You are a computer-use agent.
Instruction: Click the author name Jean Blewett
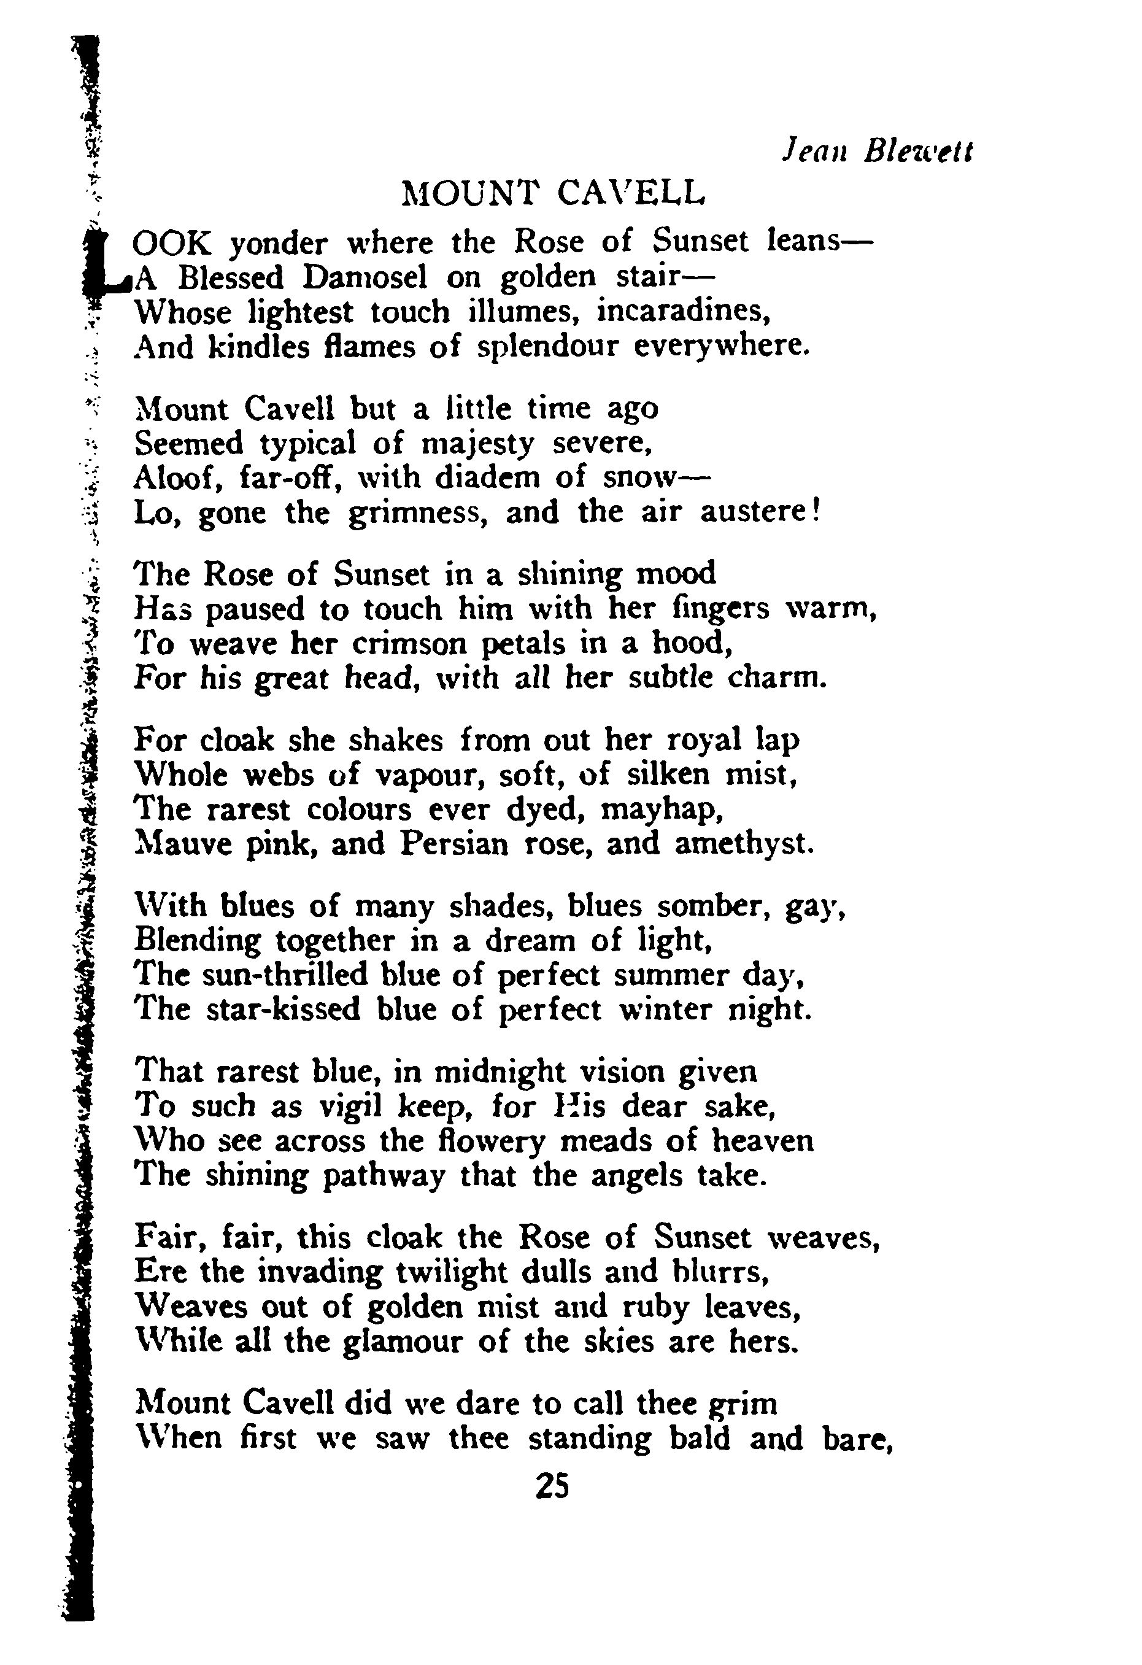[878, 151]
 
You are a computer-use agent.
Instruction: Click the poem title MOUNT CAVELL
[553, 193]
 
